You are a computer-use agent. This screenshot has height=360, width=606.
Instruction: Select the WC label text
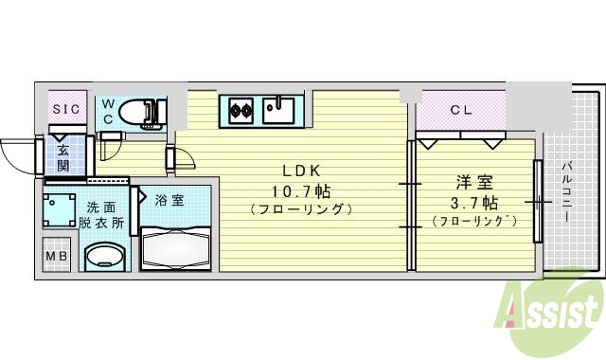click(108, 111)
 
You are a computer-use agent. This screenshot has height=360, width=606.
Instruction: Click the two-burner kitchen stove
click(241, 110)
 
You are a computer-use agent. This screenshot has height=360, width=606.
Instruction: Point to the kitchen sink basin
click(279, 110)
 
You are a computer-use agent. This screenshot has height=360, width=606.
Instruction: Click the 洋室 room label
click(474, 182)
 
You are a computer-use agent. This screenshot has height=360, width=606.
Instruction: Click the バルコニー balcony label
click(565, 192)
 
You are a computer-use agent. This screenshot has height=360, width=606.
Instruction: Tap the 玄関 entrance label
click(62, 157)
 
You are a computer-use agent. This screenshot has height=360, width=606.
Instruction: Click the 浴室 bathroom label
click(169, 199)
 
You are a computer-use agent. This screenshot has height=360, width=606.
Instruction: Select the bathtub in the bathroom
click(177, 249)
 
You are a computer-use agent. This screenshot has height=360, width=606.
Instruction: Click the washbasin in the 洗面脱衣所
click(105, 257)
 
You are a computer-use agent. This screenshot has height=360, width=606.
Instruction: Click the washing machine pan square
click(59, 207)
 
